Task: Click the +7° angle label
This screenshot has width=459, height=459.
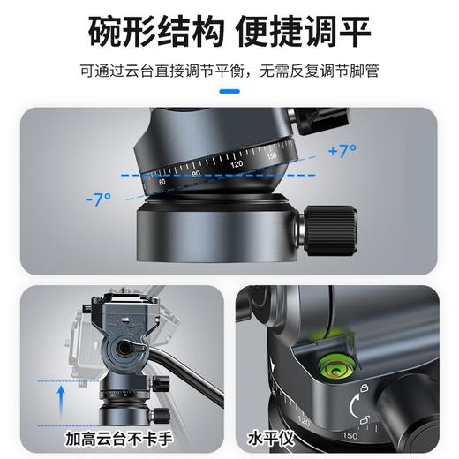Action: pos(341,151)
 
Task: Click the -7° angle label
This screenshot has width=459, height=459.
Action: pos(99,199)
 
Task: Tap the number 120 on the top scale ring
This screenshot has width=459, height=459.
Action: pos(236,164)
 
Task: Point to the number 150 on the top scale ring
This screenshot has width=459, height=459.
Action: pos(271,156)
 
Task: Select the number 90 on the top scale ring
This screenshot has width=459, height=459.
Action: pos(197,174)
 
